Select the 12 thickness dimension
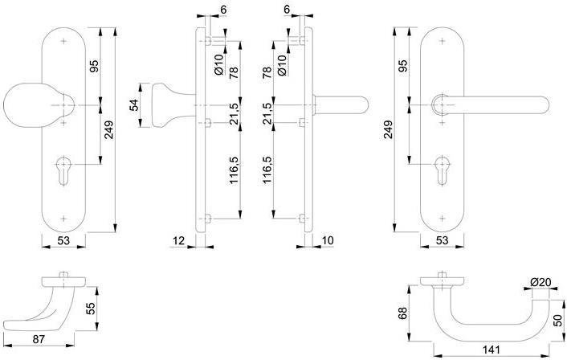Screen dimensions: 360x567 pos(178,240)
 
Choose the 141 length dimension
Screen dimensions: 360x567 pos(493,348)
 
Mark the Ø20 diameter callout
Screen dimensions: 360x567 pos(540,282)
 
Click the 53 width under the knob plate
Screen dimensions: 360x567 pos(65,240)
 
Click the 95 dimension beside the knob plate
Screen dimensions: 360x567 pos(93,67)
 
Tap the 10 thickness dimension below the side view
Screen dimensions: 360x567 pos(328,240)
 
